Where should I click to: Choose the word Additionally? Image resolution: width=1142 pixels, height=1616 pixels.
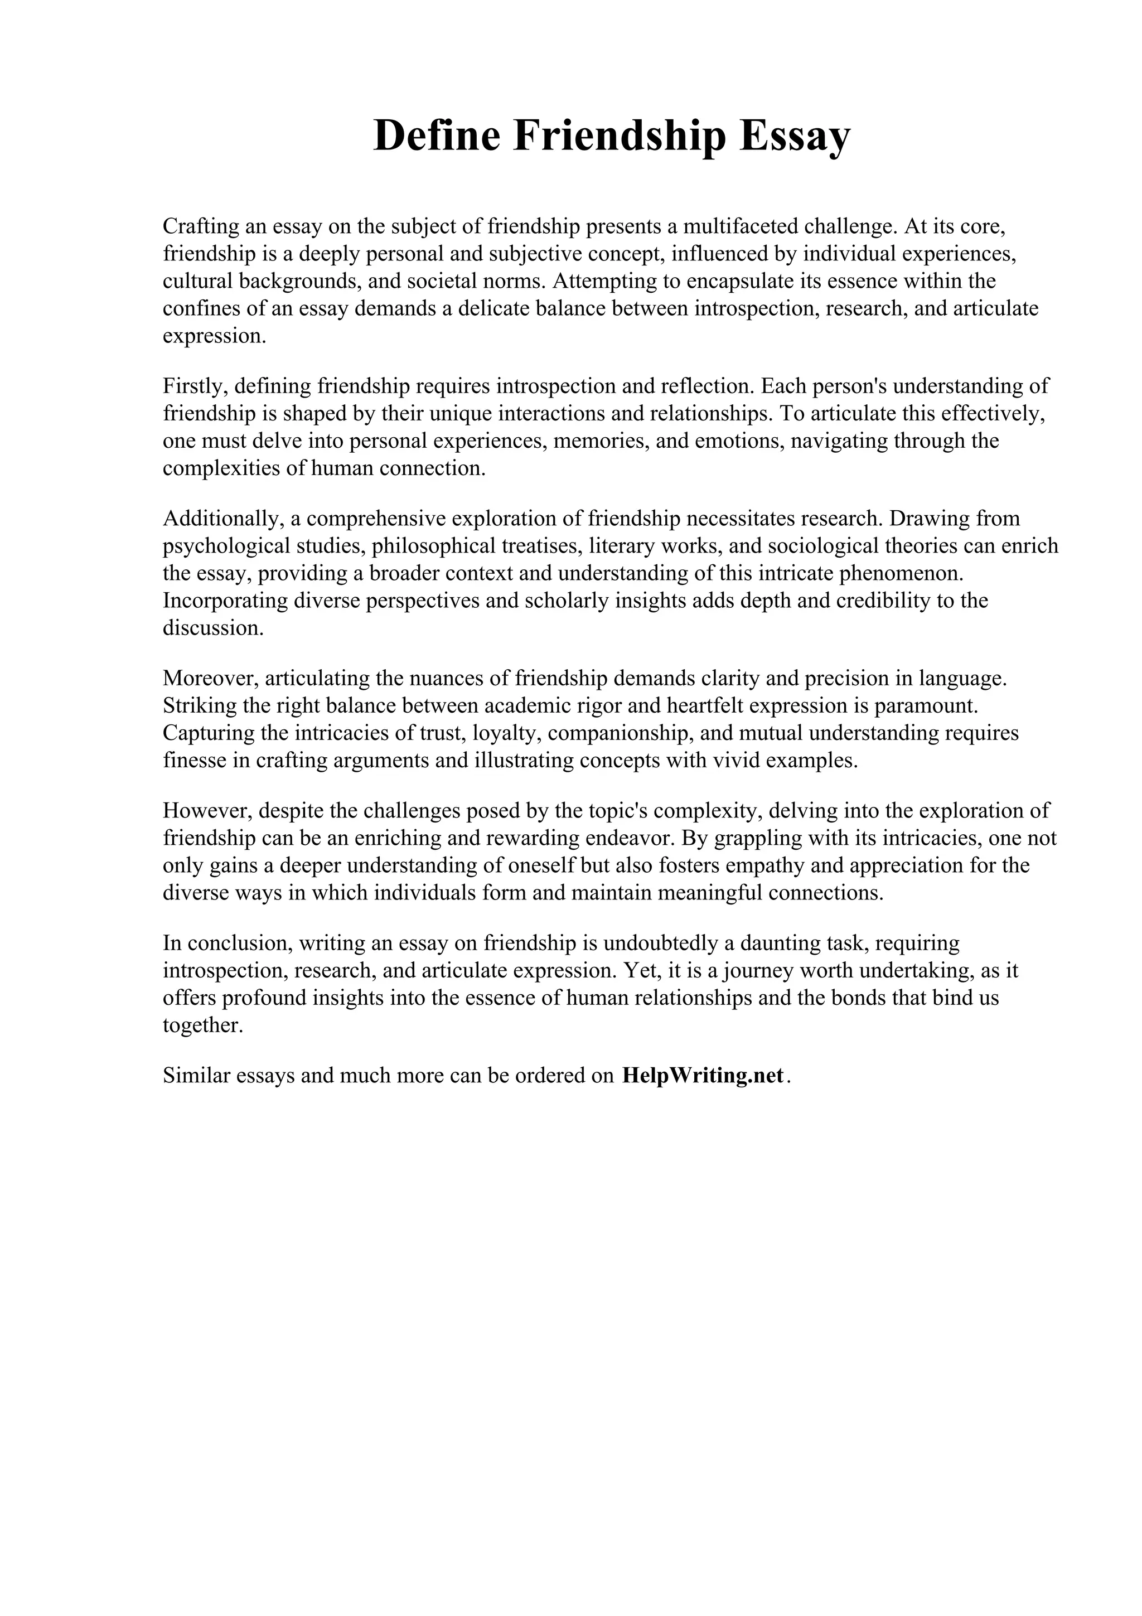[222, 519]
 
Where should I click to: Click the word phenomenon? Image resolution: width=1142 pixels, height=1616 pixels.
[901, 574]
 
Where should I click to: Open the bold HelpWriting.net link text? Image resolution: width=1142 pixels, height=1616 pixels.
[702, 1076]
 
